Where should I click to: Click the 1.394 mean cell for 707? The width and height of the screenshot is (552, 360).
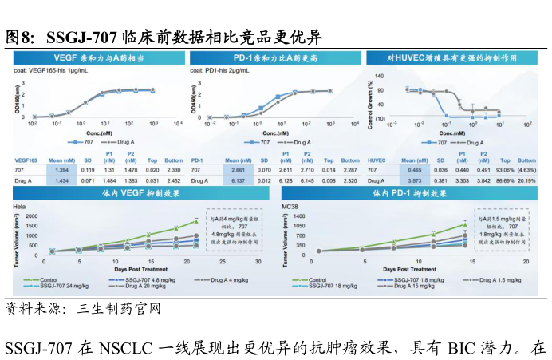(x=61, y=170)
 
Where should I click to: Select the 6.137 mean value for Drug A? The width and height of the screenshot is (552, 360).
(x=238, y=180)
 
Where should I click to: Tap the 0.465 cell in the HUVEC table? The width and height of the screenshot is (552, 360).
(x=415, y=170)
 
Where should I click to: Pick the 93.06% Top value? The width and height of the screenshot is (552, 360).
(x=504, y=170)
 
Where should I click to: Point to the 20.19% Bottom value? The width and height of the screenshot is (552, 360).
(x=526, y=180)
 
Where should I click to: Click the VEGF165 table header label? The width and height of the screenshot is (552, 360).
(x=26, y=160)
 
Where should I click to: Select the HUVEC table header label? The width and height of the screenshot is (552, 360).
(x=377, y=160)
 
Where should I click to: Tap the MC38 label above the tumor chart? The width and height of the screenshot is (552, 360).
(x=290, y=206)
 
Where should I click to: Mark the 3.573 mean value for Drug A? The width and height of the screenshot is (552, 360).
(x=415, y=180)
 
